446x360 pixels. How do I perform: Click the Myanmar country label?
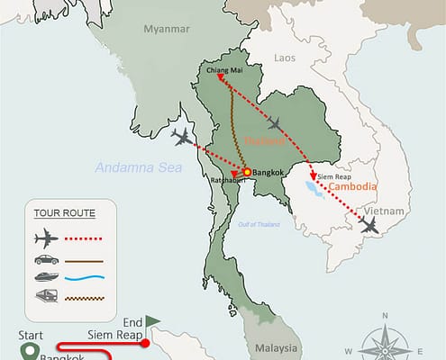tap(167, 30)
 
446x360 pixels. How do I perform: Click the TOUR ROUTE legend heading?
tap(63, 213)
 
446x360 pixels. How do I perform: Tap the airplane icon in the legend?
tap(46, 238)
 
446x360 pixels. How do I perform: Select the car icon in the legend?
tap(46, 259)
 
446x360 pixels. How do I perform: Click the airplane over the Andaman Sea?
tap(184, 137)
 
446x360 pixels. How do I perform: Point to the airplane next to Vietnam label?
tap(368, 225)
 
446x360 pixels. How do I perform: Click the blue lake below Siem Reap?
tap(314, 189)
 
